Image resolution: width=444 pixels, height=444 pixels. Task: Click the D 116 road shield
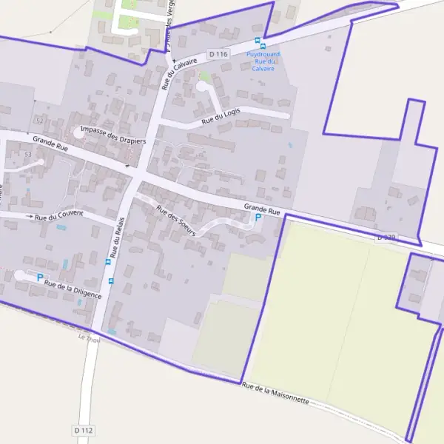(x=218, y=54)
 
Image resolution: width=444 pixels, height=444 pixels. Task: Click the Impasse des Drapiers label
(x=114, y=135)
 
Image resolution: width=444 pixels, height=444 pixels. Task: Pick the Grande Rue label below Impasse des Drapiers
(x=50, y=143)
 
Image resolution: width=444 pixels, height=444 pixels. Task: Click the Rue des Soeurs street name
(x=176, y=220)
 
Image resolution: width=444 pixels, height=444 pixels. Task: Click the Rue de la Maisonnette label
(x=275, y=393)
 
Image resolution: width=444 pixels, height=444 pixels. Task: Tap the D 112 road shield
(x=84, y=430)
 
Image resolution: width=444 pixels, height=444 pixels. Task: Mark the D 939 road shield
(x=386, y=238)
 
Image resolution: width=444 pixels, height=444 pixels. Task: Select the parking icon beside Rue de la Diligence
(x=39, y=277)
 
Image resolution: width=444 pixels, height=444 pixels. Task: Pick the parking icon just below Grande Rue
(x=258, y=218)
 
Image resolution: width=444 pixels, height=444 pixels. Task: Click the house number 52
(x=39, y=120)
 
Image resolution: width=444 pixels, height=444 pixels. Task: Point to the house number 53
(x=28, y=153)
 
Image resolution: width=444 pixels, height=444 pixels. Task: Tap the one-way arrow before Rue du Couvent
(x=30, y=216)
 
